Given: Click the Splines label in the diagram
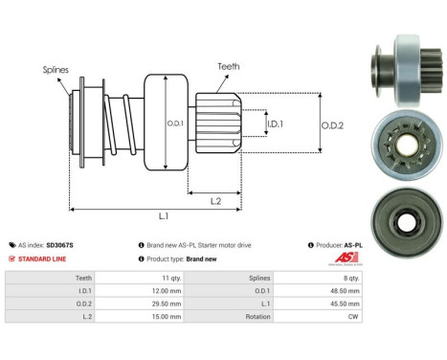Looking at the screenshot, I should (x=55, y=70).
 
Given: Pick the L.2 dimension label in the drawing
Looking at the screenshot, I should (x=217, y=199).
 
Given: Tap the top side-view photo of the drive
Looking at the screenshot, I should (x=394, y=63).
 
